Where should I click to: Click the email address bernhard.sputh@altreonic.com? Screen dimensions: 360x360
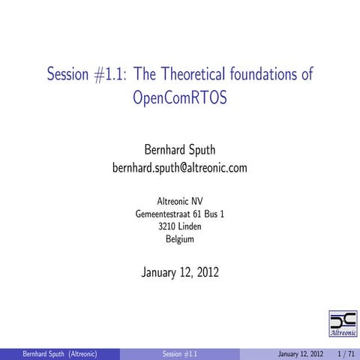[179, 168]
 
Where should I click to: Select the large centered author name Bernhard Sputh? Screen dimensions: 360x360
[179, 149]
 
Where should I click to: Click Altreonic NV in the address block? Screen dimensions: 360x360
[179, 201]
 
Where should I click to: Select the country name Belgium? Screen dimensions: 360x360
[179, 239]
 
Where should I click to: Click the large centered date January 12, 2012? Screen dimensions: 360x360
[179, 271]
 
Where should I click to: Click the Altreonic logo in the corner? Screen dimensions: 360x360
[343, 322]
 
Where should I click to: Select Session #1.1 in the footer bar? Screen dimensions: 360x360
[180, 353]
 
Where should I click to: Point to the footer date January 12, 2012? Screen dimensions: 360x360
[300, 353]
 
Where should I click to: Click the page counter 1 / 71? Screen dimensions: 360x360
[346, 353]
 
